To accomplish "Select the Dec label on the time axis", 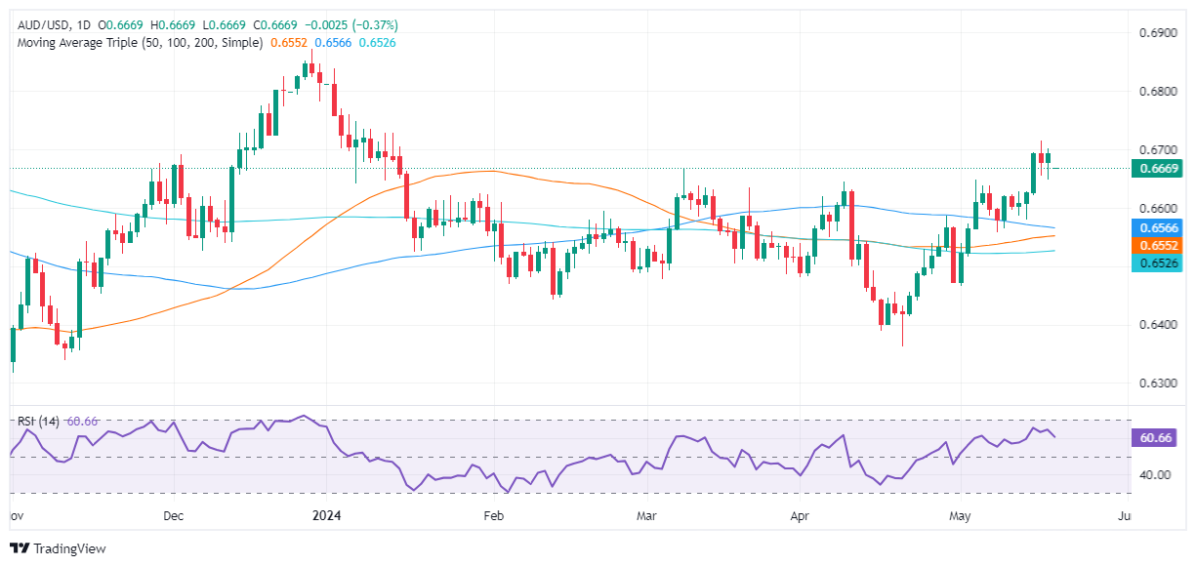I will (173, 515).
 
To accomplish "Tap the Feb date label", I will (493, 515).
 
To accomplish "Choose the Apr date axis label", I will (802, 515).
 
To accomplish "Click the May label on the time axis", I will (960, 515).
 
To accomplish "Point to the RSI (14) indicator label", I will (39, 422).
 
